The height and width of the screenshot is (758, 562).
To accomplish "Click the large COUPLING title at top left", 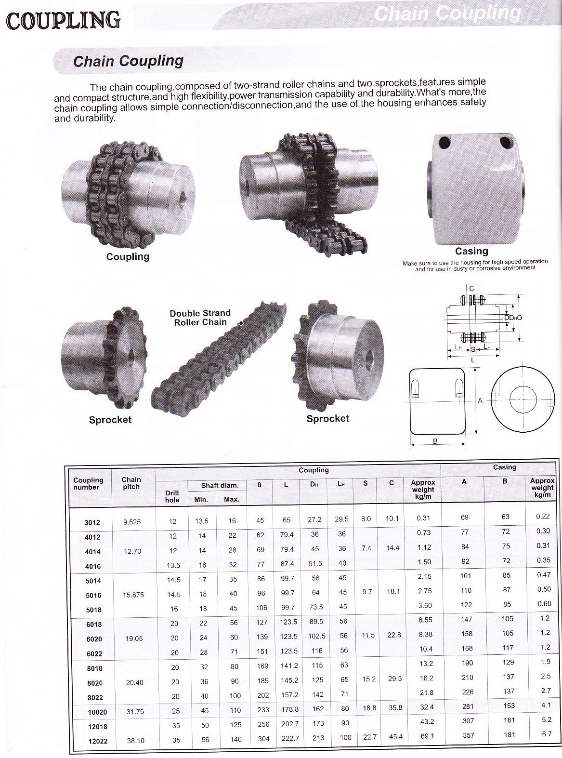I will pyautogui.click(x=63, y=20).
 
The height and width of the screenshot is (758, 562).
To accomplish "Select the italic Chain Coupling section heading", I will pyautogui.click(x=128, y=61).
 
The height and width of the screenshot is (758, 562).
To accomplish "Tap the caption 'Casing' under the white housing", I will pyautogui.click(x=471, y=251).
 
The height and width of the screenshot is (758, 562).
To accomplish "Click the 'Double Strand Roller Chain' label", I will pyautogui.click(x=200, y=318).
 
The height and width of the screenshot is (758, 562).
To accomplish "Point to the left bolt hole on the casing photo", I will pyautogui.click(x=444, y=143).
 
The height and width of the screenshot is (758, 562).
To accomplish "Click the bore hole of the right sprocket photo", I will pyautogui.click(x=369, y=357).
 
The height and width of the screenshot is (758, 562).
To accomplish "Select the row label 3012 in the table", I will pyautogui.click(x=92, y=522).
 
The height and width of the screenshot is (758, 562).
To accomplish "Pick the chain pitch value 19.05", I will pyautogui.click(x=133, y=638).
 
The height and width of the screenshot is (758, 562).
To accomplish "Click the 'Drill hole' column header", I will pyautogui.click(x=172, y=496).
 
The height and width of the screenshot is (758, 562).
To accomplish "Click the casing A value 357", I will pyautogui.click(x=468, y=735).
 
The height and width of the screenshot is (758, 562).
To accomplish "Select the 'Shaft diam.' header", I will pyautogui.click(x=220, y=485).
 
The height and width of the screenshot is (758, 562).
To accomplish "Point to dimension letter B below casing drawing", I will pyautogui.click(x=435, y=441).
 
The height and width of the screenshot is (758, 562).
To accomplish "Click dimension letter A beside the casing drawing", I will pyautogui.click(x=480, y=400).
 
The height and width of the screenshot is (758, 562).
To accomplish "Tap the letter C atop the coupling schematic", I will pyautogui.click(x=471, y=289).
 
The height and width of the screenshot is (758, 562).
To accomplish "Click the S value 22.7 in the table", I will pyautogui.click(x=367, y=736).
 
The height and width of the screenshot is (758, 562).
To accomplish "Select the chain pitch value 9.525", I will pyautogui.click(x=132, y=522).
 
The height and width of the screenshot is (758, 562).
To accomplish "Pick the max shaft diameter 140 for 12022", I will pyautogui.click(x=235, y=739).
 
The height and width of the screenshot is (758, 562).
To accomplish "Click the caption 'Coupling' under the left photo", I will pyautogui.click(x=128, y=256).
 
